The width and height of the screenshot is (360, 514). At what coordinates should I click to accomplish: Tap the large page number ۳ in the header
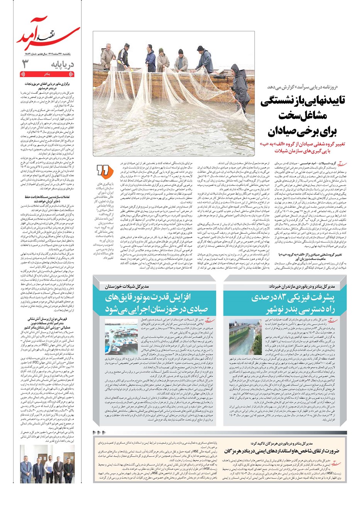coord(25,64)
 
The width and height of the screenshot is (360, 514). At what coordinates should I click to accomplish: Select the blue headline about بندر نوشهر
coord(293,303)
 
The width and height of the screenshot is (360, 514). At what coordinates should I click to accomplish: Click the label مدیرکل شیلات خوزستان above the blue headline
coord(126,286)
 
